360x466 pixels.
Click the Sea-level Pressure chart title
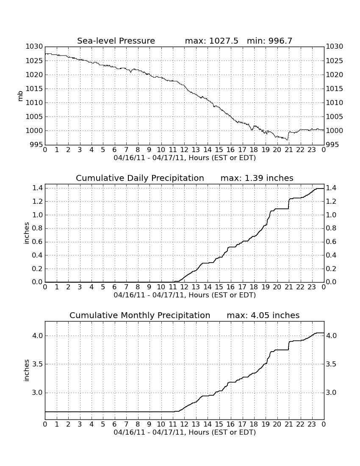point(116,41)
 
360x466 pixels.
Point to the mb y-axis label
point(20,96)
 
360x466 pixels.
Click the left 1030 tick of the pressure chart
point(34,46)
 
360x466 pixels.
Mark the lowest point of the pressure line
point(287,140)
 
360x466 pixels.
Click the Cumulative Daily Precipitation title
point(140,178)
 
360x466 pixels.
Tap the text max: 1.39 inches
point(257,178)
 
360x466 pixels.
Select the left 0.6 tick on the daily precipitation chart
point(37,241)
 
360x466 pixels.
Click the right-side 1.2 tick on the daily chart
point(331,202)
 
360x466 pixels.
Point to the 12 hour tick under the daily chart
point(184,287)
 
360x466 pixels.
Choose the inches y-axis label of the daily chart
point(26,233)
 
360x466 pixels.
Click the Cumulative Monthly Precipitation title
point(140,315)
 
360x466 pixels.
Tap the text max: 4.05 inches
point(263,315)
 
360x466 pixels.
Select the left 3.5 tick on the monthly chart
point(37,364)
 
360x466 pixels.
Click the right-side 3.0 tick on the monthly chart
point(331,393)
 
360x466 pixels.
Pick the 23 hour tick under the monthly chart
point(312,424)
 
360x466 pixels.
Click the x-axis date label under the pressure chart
point(185,158)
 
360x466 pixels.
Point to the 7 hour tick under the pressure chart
point(126,150)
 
